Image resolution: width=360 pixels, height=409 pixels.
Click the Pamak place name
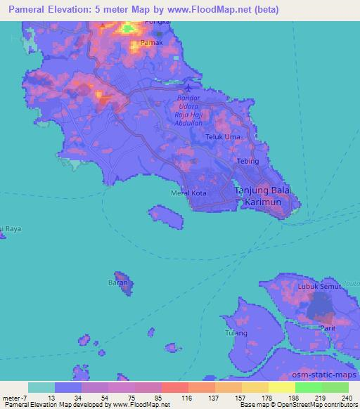152,43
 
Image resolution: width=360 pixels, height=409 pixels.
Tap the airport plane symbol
188,89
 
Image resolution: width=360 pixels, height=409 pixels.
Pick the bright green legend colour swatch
309,387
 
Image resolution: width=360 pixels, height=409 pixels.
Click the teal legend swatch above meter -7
41,387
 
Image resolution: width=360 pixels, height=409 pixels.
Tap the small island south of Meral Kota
165,217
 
